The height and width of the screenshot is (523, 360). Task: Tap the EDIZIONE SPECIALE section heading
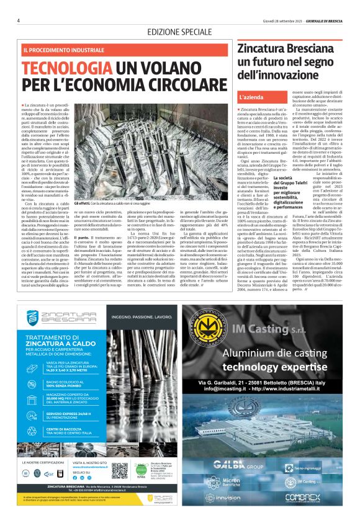point(179,32)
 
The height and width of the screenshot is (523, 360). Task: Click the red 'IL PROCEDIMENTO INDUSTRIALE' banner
point(62,49)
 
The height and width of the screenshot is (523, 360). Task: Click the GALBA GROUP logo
point(239,464)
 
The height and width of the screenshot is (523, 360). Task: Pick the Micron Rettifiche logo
point(236,481)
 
